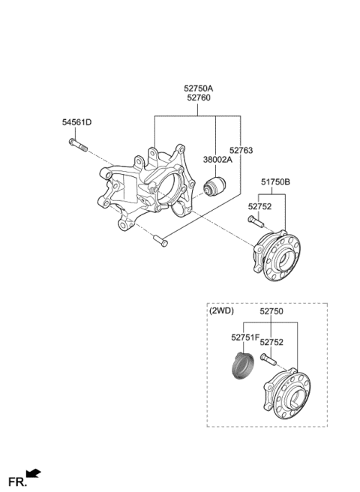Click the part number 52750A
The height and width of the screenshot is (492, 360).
pyautogui.click(x=198, y=88)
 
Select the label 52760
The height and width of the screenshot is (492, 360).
pyautogui.click(x=198, y=98)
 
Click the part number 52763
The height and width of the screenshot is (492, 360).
pyautogui.click(x=241, y=150)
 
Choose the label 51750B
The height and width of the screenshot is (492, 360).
pyautogui.click(x=276, y=181)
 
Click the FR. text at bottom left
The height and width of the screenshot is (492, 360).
pyautogui.click(x=15, y=479)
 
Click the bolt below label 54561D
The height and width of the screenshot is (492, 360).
pyautogui.click(x=81, y=148)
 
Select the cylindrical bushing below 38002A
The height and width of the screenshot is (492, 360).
pyautogui.click(x=215, y=185)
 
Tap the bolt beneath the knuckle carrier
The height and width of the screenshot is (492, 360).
pyautogui.click(x=160, y=240)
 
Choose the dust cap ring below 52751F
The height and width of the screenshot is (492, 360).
pyautogui.click(x=241, y=367)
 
